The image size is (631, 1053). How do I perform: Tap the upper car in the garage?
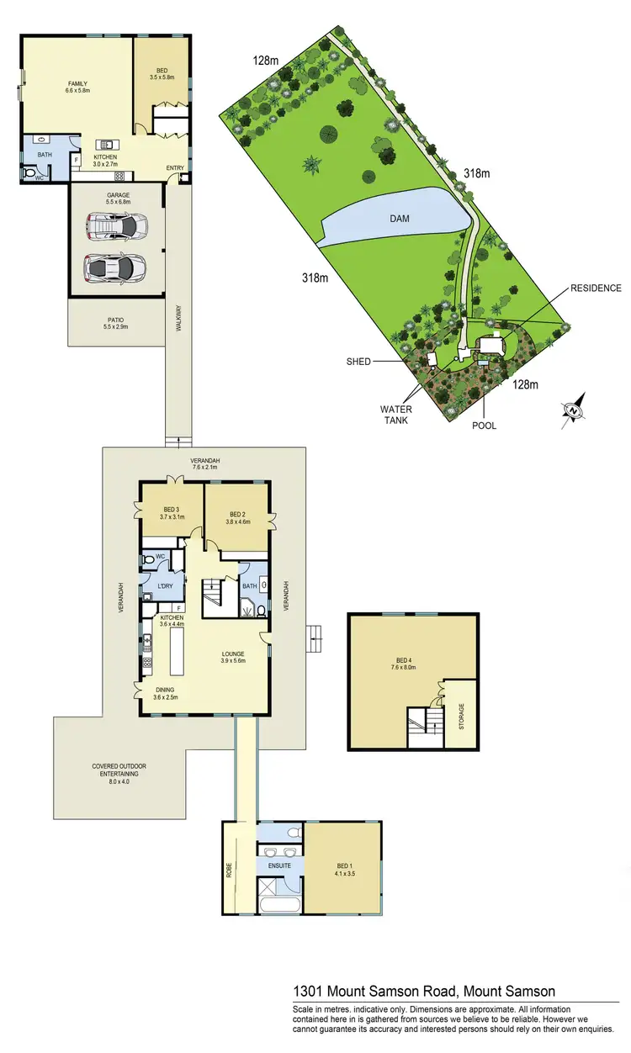(116, 225)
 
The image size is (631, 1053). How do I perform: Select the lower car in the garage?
(114, 267)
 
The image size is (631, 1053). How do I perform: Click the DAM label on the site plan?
(399, 218)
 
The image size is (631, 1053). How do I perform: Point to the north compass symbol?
(575, 410)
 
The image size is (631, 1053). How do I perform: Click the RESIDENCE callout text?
(595, 288)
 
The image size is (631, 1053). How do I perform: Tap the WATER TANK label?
(395, 415)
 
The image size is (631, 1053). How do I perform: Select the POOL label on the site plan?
(484, 426)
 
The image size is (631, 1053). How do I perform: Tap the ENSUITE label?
(279, 864)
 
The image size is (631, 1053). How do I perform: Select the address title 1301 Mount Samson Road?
(423, 992)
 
